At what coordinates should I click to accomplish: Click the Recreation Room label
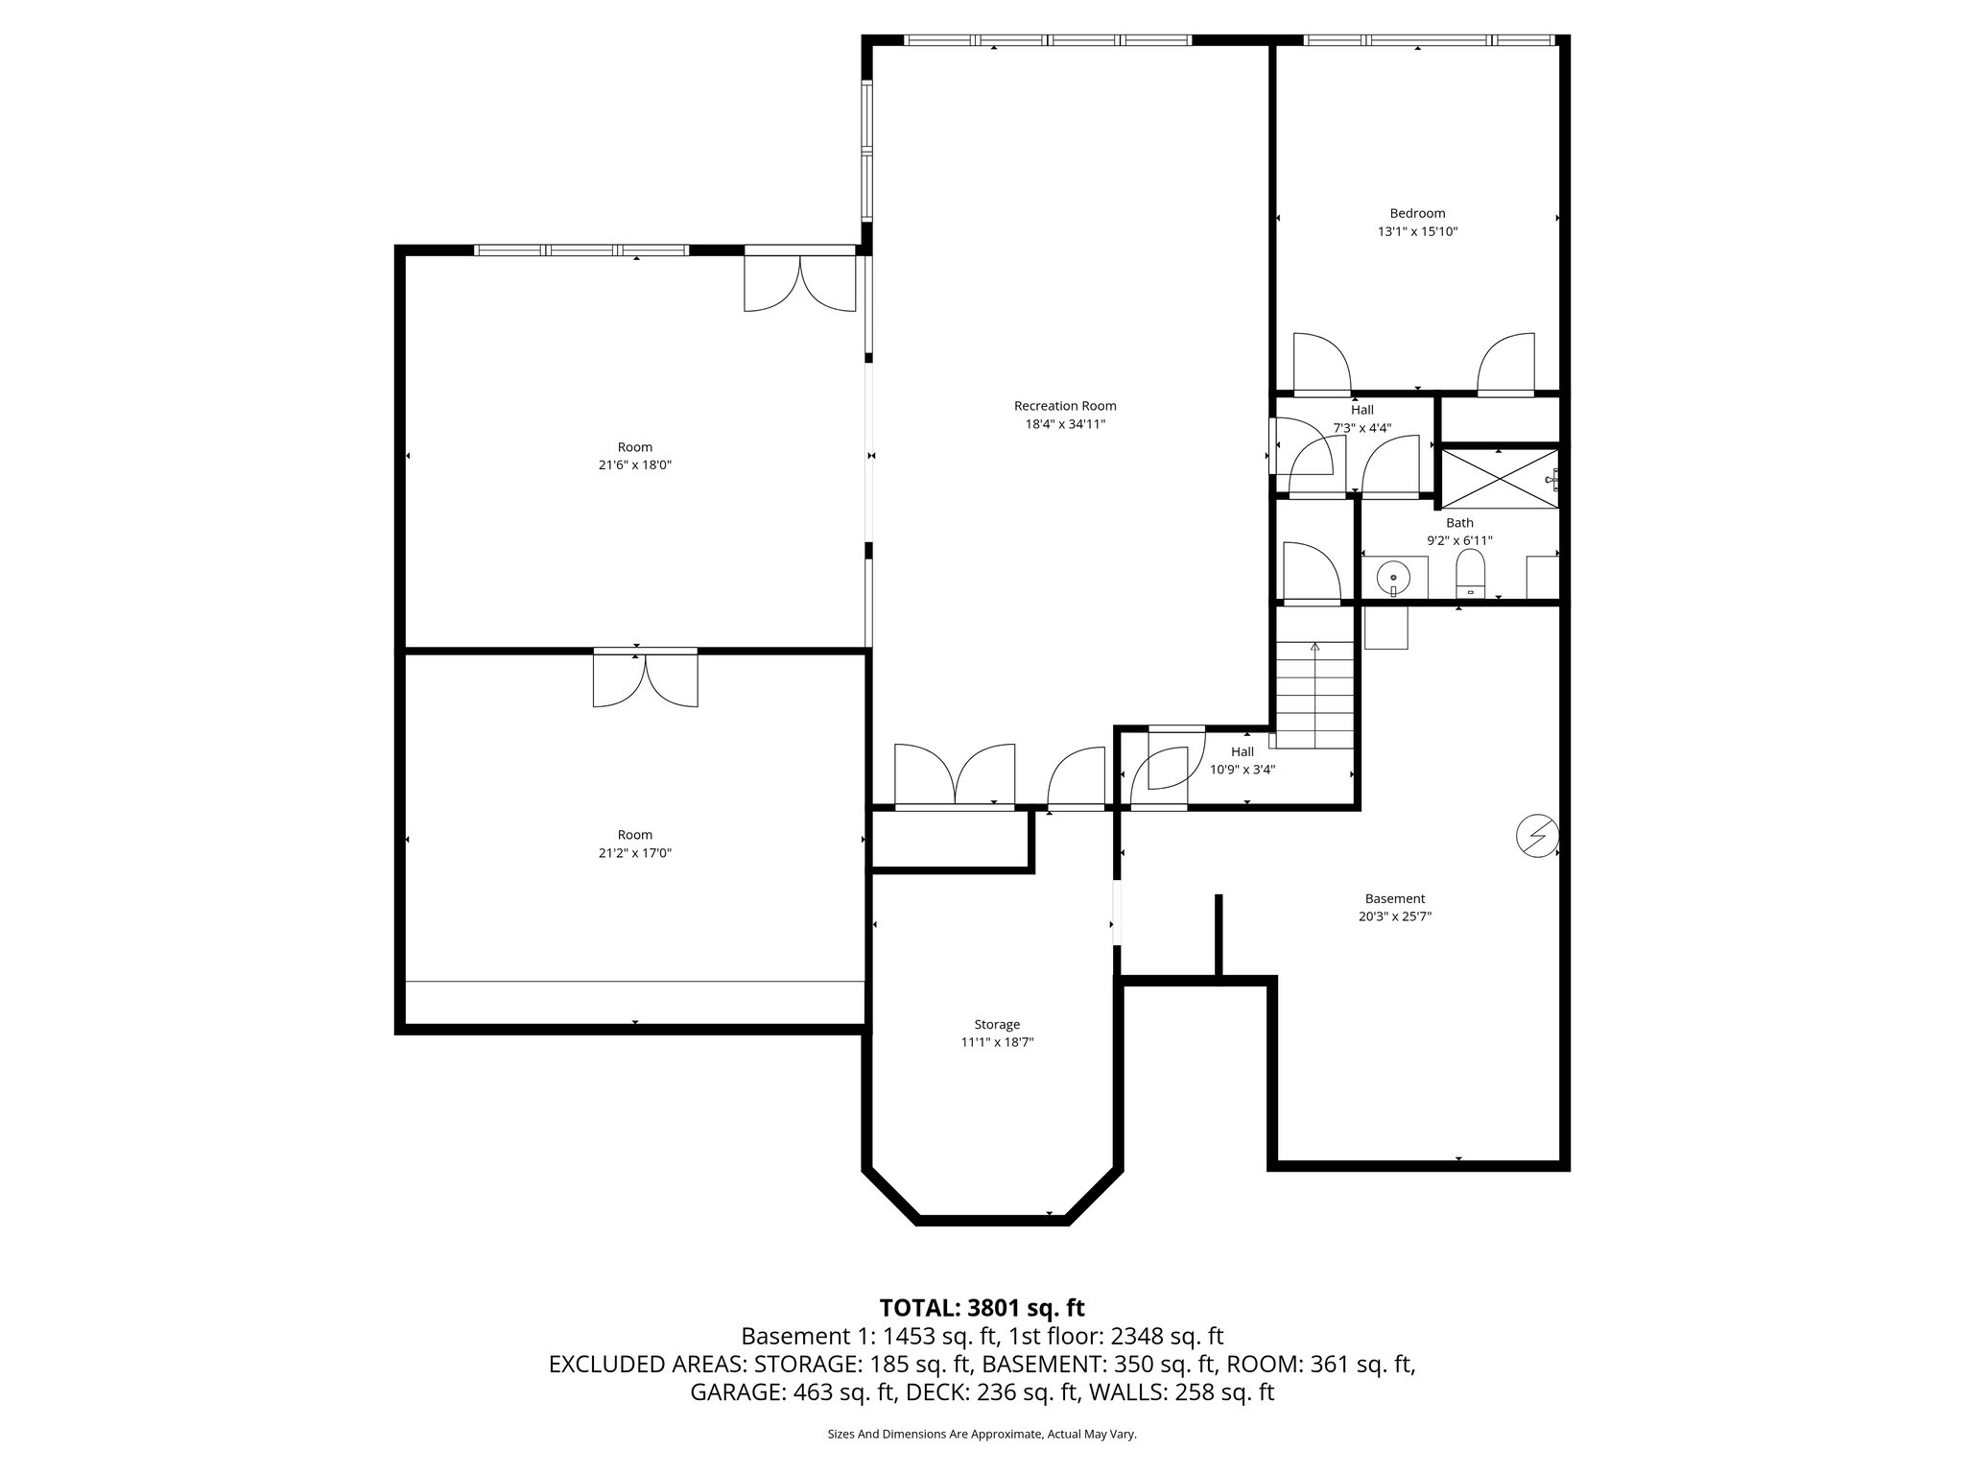click(x=1065, y=406)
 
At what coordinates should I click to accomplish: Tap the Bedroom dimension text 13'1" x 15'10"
click(x=1417, y=231)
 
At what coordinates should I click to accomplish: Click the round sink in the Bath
click(x=1392, y=578)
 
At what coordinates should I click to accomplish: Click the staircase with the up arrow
click(x=1314, y=693)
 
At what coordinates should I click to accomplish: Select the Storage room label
click(x=997, y=1024)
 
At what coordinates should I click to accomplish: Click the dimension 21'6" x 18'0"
click(x=634, y=464)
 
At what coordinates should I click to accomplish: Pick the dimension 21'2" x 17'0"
click(x=634, y=852)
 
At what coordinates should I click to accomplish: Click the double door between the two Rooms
click(x=645, y=679)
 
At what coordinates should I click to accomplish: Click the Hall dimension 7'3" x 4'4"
click(x=1361, y=428)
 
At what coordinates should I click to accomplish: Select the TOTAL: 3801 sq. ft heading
click(x=982, y=1307)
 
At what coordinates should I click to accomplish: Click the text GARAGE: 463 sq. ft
click(x=792, y=1391)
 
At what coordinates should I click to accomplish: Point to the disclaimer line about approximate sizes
click(x=982, y=1434)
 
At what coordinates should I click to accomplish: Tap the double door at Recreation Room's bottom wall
click(x=954, y=775)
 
